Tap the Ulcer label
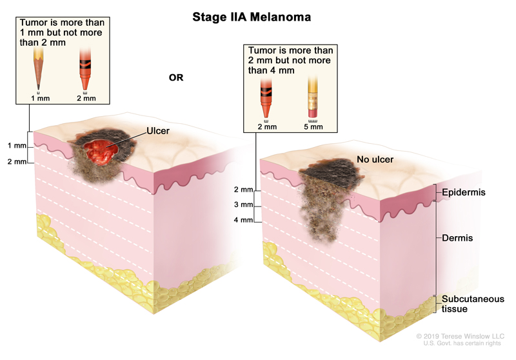(158, 130)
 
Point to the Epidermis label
(463, 193)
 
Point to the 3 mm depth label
(244, 205)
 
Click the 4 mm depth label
(244, 220)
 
